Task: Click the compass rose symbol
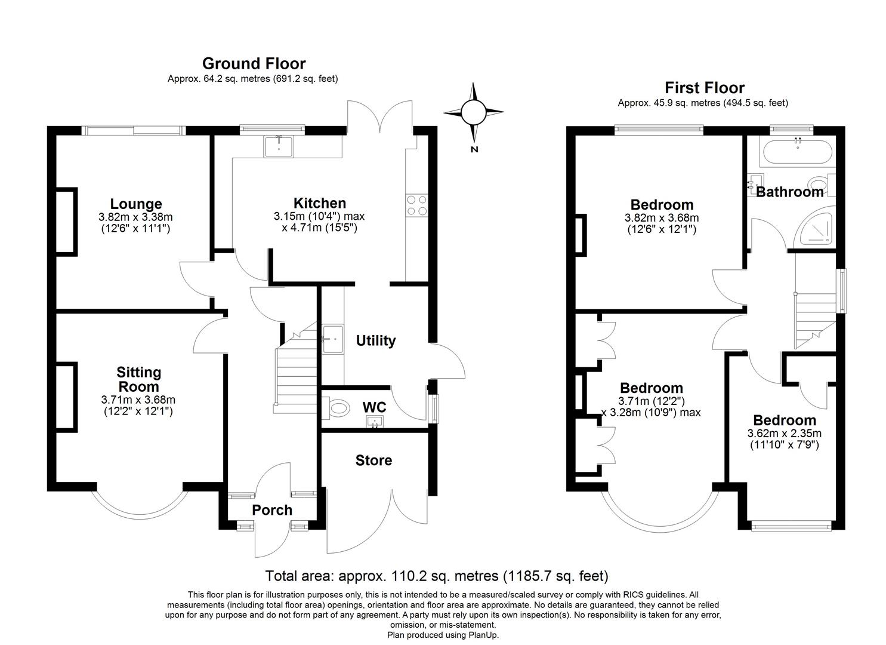474,112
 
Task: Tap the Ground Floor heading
254,63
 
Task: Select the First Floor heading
705,88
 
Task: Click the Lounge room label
136,204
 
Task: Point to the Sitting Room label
138,379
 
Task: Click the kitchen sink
279,146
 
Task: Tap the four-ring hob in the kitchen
416,205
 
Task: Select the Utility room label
376,340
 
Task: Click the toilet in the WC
337,408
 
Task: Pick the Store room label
373,460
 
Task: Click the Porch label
272,510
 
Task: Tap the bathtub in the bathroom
798,153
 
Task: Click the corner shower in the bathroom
816,227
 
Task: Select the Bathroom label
789,192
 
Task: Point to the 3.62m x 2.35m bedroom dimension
784,434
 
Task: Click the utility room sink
332,339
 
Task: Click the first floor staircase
815,320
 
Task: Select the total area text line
436,576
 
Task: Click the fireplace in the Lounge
66,222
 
